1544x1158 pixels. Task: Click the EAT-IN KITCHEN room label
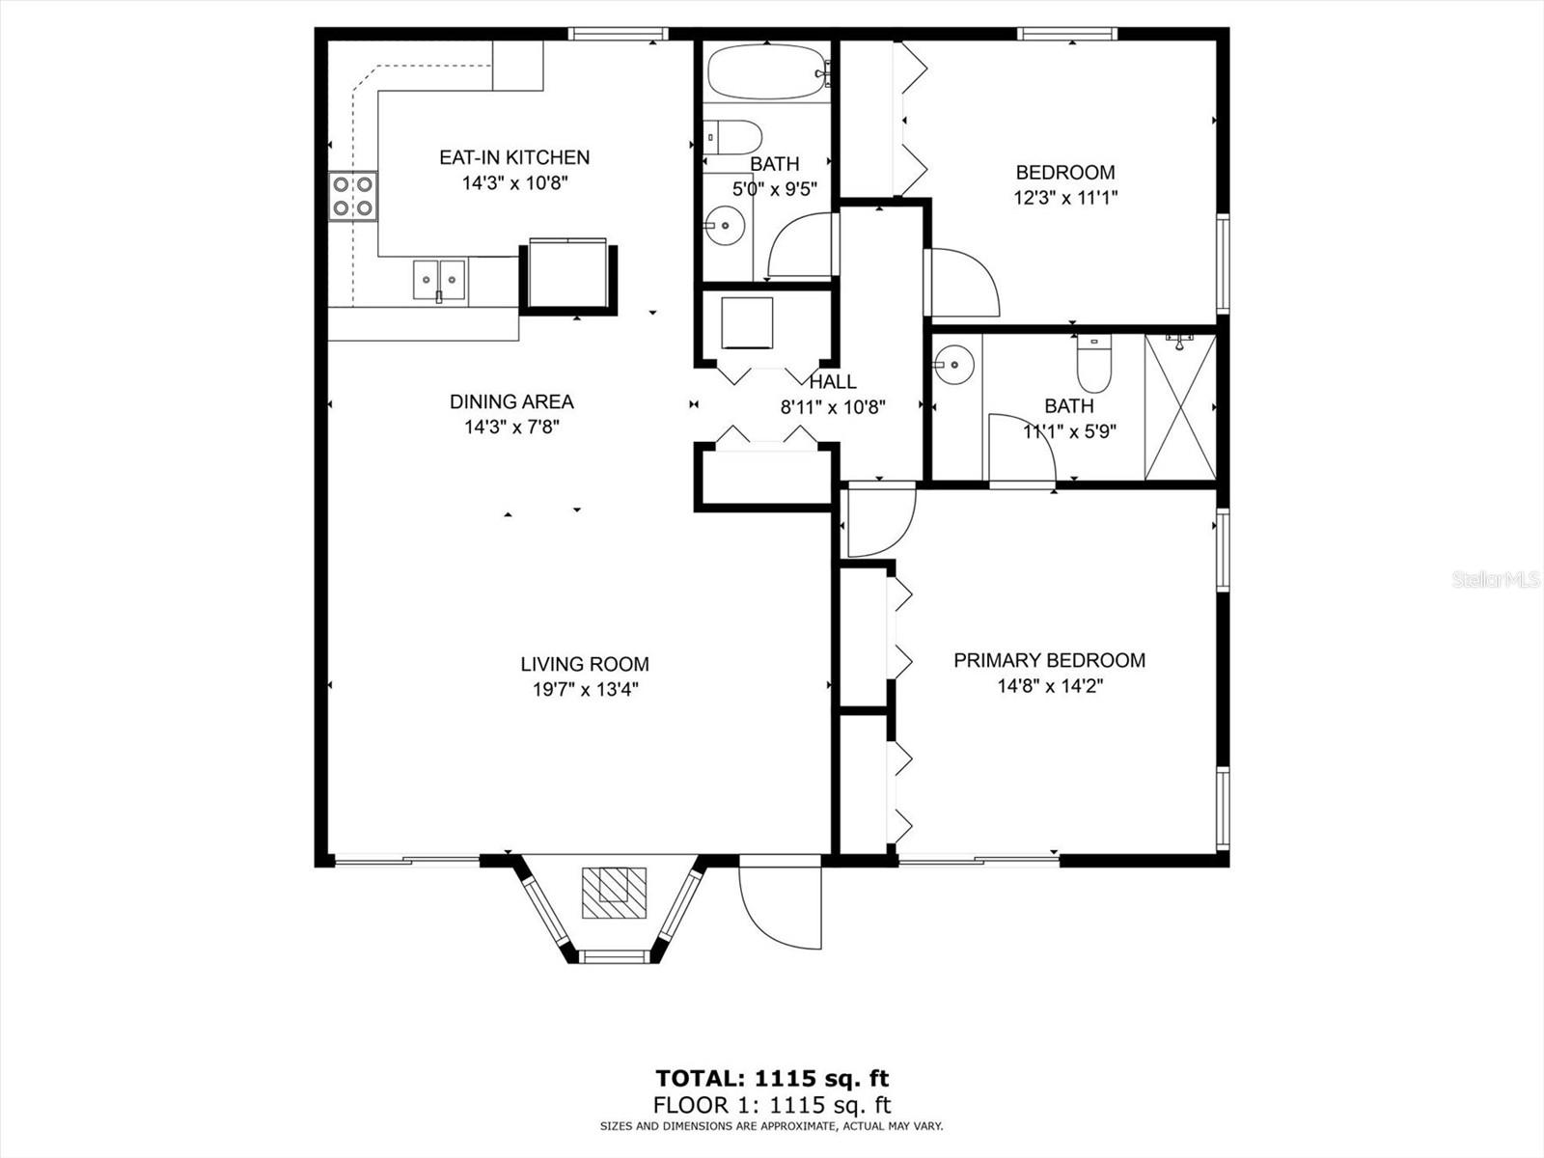514,157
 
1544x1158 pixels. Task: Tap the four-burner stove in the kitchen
352,196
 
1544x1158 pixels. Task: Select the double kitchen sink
439,280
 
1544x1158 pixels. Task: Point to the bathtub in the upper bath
769,71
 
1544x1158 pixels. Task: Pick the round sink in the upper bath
725,225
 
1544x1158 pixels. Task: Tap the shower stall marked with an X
1179,408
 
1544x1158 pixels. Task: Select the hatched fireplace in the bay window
614,893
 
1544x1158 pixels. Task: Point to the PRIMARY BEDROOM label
1050,660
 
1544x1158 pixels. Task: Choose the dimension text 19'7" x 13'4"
585,689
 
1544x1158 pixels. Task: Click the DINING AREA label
511,401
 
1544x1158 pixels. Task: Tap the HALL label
833,382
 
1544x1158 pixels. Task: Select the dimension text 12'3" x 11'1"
1065,198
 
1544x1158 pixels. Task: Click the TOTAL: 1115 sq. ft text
772,1078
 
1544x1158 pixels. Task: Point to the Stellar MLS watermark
1496,579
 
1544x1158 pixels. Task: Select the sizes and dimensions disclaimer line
772,1126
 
